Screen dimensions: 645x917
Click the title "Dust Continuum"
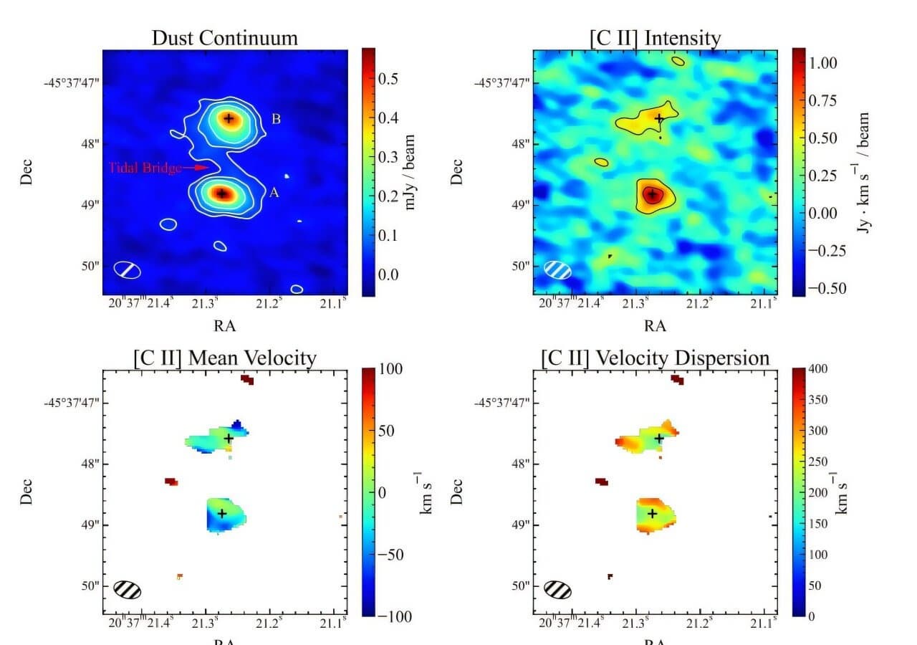[224, 38]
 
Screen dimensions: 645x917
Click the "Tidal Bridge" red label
[145, 168]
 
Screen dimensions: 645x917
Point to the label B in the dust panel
[276, 119]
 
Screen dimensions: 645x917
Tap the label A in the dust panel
[274, 193]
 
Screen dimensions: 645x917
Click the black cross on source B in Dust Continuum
[229, 118]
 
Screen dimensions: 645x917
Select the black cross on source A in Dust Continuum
[222, 193]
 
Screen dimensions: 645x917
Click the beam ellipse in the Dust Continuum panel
[128, 270]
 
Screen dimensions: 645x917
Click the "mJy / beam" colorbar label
[411, 172]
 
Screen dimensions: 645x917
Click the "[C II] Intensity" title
[655, 38]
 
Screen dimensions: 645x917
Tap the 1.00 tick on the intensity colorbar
[823, 63]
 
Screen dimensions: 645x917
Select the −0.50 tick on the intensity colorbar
[826, 288]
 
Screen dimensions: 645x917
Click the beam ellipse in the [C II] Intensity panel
[558, 269]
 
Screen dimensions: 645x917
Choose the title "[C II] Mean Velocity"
[224, 358]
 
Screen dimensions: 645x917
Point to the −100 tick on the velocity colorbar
[390, 616]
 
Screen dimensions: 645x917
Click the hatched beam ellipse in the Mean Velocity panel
[128, 590]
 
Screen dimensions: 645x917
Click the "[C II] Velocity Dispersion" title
[655, 358]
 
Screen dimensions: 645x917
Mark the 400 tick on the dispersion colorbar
[818, 369]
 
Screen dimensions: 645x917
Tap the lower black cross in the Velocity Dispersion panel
[652, 513]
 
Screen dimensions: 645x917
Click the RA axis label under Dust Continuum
[224, 325]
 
